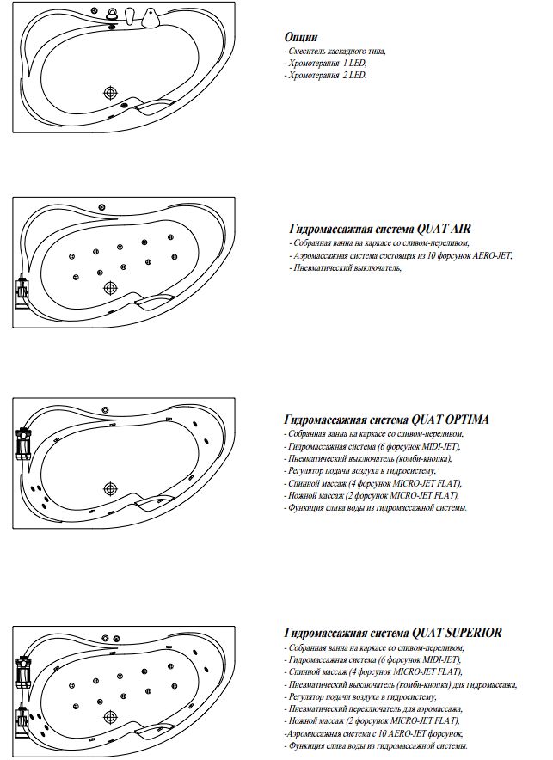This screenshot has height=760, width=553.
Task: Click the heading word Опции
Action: (x=301, y=38)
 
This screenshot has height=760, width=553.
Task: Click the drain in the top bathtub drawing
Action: (x=110, y=94)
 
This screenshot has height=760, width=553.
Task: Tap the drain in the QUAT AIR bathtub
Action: (x=109, y=288)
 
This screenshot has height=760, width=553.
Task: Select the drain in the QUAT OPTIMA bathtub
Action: (x=110, y=488)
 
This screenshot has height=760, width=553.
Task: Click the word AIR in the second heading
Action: (x=456, y=230)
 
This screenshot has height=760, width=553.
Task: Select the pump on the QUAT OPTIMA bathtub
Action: (x=22, y=445)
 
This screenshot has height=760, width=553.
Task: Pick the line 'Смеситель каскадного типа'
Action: (x=336, y=52)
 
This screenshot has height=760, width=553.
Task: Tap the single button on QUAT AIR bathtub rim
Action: (x=101, y=206)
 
